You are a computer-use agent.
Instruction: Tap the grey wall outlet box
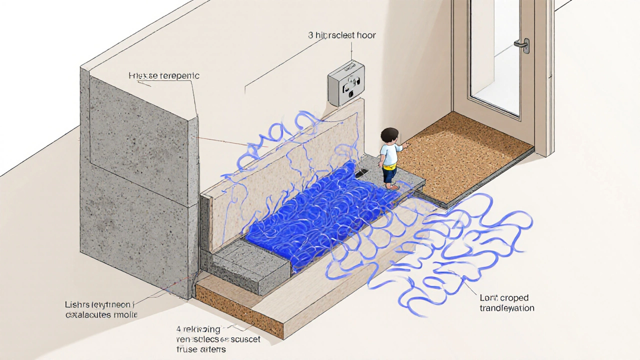pos(346,83)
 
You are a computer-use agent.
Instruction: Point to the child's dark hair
pos(388,134)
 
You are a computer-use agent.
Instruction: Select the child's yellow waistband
pos(389,166)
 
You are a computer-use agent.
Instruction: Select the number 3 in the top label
pos(310,35)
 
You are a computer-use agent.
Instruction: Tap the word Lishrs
pos(77,304)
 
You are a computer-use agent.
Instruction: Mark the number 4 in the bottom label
pos(178,329)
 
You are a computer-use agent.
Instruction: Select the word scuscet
pos(243,340)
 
